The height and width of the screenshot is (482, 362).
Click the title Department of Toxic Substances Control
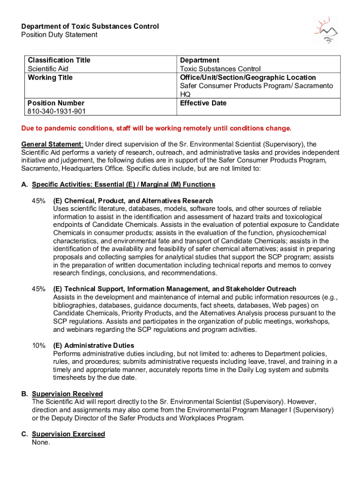pos(90,26)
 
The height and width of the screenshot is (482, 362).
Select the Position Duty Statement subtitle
pos(59,35)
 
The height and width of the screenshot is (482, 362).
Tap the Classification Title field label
pos(59,60)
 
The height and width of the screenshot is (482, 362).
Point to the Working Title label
pos(50,78)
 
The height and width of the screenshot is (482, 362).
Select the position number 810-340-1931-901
pos(56,112)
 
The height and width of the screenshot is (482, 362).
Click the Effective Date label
pos(203,103)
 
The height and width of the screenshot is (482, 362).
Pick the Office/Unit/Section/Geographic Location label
pos(248,78)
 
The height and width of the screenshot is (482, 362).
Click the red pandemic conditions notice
pos(157,129)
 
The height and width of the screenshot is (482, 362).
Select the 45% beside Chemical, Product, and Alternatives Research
pos(39,201)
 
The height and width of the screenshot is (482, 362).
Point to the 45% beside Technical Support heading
pos(39,289)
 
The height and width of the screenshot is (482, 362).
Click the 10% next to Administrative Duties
pos(39,345)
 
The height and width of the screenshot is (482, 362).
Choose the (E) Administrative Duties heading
pos(94,345)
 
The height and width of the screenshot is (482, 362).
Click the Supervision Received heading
pos(67,394)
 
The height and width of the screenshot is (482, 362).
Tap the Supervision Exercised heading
pos(68,434)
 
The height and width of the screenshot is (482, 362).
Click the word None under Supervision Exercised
pos(41,442)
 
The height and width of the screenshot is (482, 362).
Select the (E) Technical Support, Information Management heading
pos(174,289)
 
